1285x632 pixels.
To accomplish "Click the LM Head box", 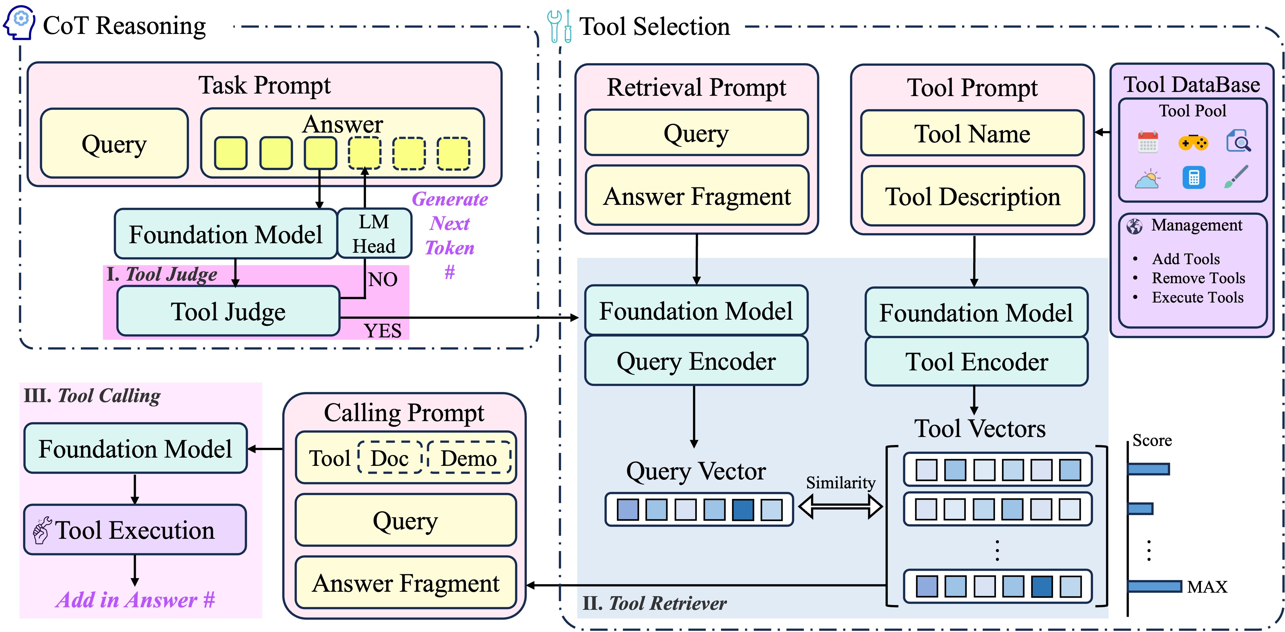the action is point(374,233).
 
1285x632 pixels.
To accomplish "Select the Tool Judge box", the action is point(228,311).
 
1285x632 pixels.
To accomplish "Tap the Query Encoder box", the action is point(696,361).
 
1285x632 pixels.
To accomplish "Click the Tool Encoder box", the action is point(976,361).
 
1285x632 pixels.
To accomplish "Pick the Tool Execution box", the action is point(135,529).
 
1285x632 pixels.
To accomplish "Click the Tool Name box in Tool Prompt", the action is point(972,133).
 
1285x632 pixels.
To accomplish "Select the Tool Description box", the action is point(972,196).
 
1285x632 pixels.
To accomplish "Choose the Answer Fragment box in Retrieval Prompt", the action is point(697,196).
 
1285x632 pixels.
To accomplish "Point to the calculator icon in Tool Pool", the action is point(1194,178).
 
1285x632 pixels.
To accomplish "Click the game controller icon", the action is point(1193,143).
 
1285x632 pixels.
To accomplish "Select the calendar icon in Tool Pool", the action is point(1148,142).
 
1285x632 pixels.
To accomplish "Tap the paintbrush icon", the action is point(1236,177).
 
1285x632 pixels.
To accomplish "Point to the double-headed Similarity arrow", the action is point(841,507).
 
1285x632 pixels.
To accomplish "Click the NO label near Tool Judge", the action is point(383,279).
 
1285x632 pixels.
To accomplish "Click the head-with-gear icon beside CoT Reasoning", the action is point(19,23).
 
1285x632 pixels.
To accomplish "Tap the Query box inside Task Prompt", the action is point(114,143).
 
